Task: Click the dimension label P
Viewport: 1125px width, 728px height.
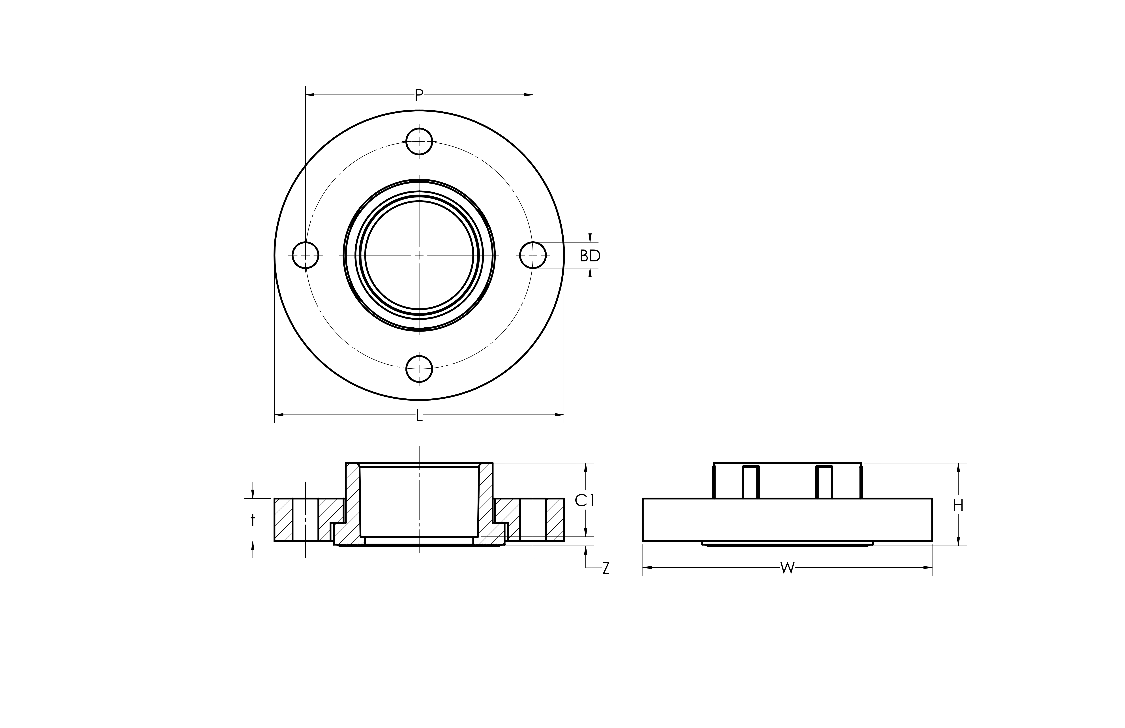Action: click(419, 96)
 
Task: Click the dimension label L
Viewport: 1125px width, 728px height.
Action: click(419, 416)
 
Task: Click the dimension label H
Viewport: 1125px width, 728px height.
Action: click(958, 505)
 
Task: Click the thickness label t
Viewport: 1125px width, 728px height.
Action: click(253, 520)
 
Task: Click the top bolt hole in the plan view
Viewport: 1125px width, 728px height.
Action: click(419, 141)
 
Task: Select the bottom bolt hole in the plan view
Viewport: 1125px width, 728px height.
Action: click(419, 369)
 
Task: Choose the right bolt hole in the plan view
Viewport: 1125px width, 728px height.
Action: click(533, 255)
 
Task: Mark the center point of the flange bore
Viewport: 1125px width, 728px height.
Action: click(419, 255)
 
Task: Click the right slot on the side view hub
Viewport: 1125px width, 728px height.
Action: click(824, 482)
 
